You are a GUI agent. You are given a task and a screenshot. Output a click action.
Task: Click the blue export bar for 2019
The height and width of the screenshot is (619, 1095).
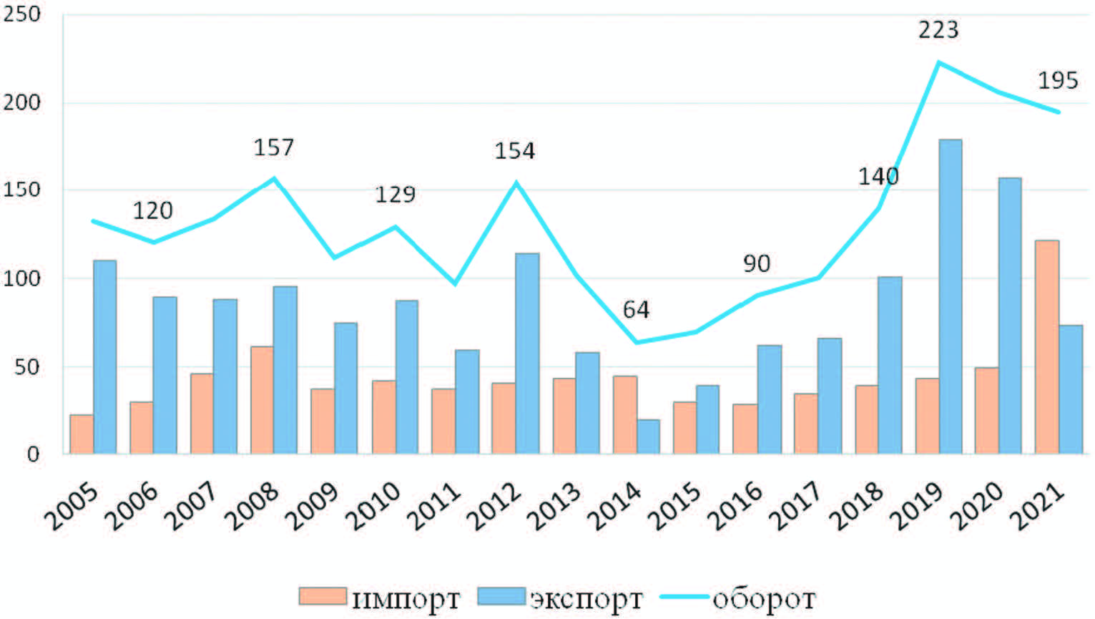tap(950, 296)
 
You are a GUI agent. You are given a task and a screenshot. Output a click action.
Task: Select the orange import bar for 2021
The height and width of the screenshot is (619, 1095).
tap(1046, 347)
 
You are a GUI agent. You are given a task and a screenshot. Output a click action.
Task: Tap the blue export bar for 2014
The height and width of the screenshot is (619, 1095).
tap(648, 437)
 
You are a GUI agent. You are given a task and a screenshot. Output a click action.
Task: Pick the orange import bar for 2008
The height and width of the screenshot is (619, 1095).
tap(262, 400)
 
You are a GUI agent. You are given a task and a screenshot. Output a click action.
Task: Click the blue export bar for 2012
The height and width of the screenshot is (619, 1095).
tap(527, 354)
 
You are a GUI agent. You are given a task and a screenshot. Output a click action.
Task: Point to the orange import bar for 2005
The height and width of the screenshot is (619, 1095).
tap(82, 434)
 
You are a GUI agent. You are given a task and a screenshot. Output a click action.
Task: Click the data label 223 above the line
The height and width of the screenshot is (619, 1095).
tap(938, 30)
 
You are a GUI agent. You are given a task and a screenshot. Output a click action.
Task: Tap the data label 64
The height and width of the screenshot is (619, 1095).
tap(636, 310)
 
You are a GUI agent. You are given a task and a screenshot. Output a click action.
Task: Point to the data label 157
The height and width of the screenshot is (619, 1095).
tap(273, 147)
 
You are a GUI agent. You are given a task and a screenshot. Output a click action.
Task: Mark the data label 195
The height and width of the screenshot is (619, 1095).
tap(1057, 81)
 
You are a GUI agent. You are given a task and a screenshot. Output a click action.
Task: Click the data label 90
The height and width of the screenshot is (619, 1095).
tap(756, 263)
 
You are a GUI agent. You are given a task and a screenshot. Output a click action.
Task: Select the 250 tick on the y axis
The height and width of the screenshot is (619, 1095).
tap(21, 14)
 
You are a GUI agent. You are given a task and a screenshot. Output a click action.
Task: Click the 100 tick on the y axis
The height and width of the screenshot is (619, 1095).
tap(21, 278)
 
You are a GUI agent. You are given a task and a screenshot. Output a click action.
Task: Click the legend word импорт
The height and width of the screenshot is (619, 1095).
tap(406, 598)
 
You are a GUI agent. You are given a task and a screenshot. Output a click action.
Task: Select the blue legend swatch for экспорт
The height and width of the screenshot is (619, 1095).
tap(501, 596)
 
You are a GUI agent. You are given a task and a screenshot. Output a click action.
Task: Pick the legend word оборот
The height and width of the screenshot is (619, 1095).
tap(764, 598)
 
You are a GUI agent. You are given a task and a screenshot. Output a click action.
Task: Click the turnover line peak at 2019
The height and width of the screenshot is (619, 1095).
tap(938, 63)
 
